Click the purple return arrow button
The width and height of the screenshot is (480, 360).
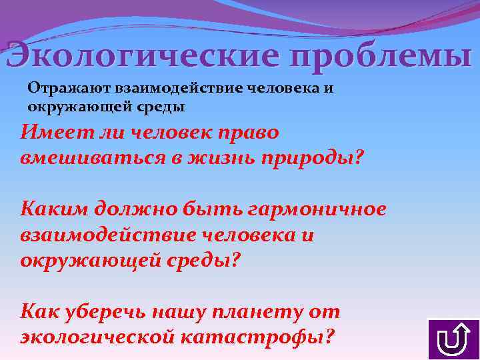[451, 339]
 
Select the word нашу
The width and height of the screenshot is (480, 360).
[188, 312]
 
